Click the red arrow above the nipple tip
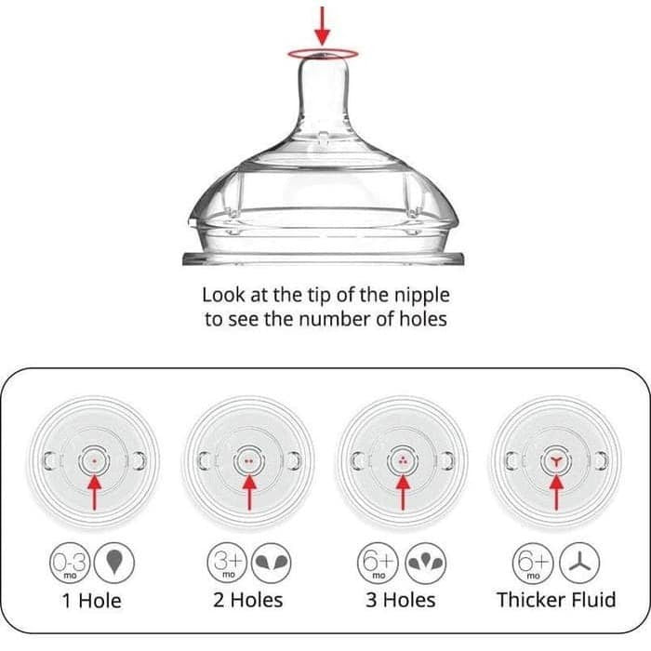pyautogui.click(x=322, y=26)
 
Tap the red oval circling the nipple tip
pyautogui.click(x=323, y=49)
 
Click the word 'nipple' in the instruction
pyautogui.click(x=422, y=297)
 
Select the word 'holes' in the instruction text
pyautogui.click(x=423, y=319)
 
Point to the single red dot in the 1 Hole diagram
pyautogui.click(x=94, y=461)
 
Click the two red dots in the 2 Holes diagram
pyautogui.click(x=248, y=461)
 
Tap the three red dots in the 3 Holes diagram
pyautogui.click(x=403, y=460)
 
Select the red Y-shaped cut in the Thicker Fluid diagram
pyautogui.click(x=556, y=460)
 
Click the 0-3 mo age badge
pyautogui.click(x=70, y=563)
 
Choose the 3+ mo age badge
pyautogui.click(x=227, y=563)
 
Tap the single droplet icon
pyautogui.click(x=114, y=563)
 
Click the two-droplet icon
pyautogui.click(x=272, y=563)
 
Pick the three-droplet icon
pyautogui.click(x=426, y=564)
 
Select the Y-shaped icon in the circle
pyautogui.click(x=579, y=563)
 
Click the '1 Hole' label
pyautogui.click(x=92, y=601)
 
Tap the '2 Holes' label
pyautogui.click(x=248, y=600)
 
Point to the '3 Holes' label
pyautogui.click(x=401, y=600)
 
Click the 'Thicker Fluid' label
pyautogui.click(x=556, y=600)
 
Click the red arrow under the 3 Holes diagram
pyautogui.click(x=403, y=493)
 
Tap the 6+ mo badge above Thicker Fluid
pyautogui.click(x=533, y=564)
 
